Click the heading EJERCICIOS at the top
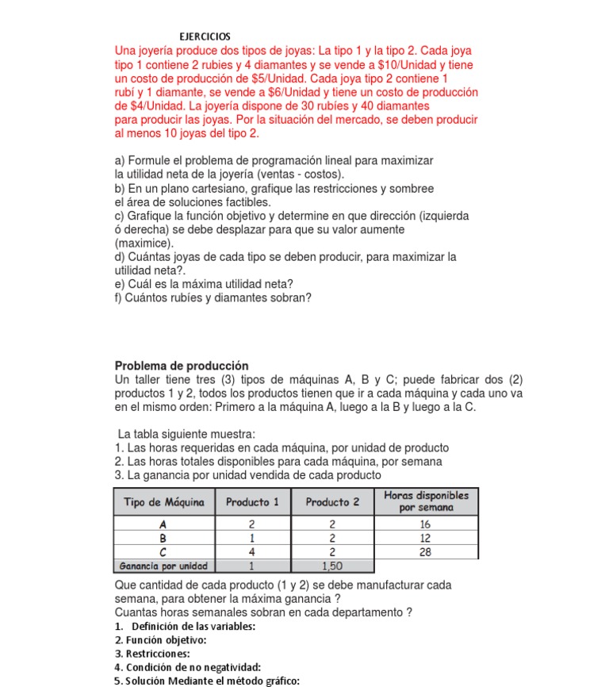pos(205,36)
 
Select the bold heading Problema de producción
pos(182,366)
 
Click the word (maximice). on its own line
pos(144,243)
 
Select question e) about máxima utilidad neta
pos(204,284)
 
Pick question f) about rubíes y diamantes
pos(213,297)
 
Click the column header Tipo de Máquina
pos(164,502)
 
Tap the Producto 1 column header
pos(252,502)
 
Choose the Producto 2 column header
pos(332,502)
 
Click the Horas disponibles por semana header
pos(426,501)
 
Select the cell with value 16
pos(425,524)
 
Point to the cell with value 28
pos(425,551)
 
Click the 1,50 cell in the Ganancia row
pos(332,566)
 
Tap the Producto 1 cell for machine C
pos(252,551)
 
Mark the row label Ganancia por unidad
pos(163,566)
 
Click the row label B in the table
pos(163,538)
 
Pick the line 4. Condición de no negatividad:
pos(188,667)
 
